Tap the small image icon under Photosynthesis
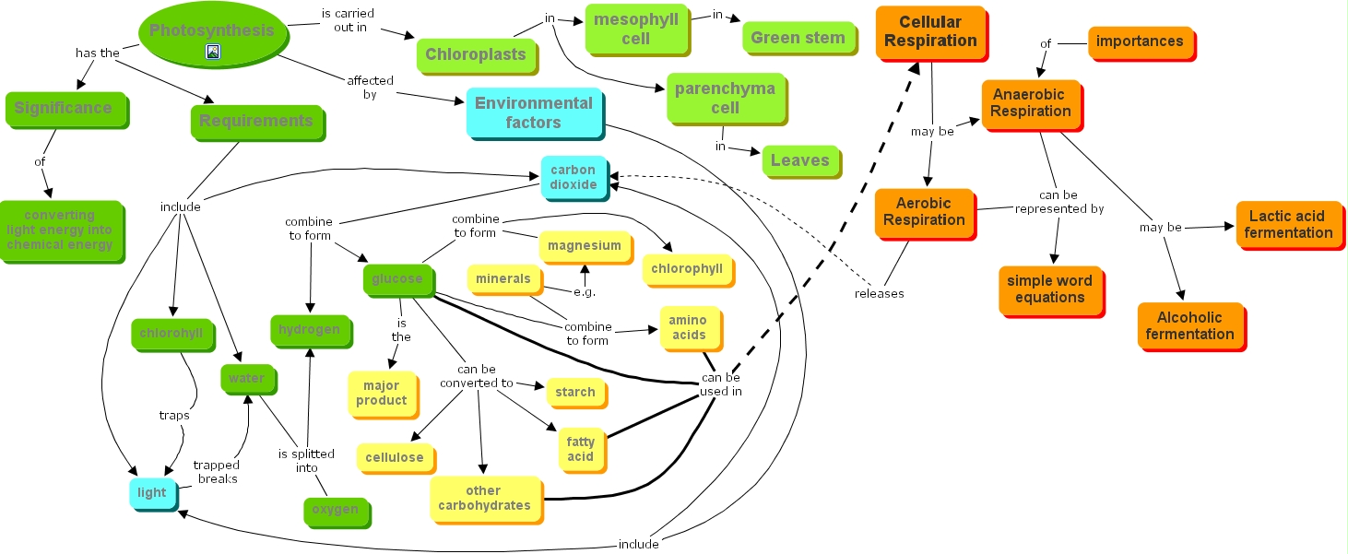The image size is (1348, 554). [212, 53]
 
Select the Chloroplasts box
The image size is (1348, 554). [475, 54]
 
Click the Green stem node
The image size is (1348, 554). [798, 38]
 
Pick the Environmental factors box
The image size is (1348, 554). [534, 112]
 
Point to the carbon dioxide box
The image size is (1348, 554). [573, 177]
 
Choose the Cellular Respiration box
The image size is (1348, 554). [930, 31]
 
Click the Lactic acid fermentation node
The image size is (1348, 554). [1288, 224]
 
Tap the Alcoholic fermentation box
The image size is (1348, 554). [1189, 325]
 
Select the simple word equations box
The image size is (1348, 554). [1049, 289]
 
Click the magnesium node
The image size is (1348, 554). [584, 245]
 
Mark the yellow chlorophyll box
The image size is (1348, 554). [687, 268]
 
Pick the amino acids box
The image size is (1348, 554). [688, 327]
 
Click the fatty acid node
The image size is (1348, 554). [580, 449]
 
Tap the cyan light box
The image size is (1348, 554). [152, 492]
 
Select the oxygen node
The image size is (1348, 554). [335, 510]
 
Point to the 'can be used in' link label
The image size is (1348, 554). [720, 384]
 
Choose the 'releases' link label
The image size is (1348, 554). [879, 294]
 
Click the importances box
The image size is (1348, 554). [1139, 41]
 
